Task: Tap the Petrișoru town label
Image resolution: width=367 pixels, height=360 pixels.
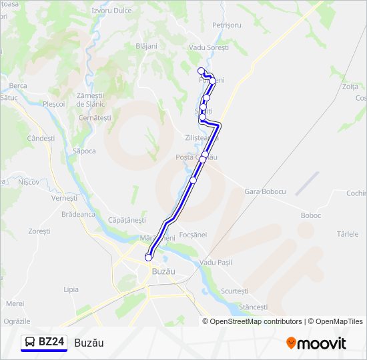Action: (x=226, y=25)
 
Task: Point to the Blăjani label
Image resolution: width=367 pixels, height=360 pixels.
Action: (x=146, y=46)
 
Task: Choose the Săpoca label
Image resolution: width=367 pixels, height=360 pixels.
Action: (x=85, y=151)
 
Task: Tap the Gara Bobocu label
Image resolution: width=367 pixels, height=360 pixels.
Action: (x=265, y=191)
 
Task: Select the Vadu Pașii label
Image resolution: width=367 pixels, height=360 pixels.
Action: (x=216, y=263)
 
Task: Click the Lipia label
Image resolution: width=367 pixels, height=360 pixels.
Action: (x=71, y=289)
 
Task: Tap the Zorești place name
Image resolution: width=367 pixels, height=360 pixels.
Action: (x=39, y=231)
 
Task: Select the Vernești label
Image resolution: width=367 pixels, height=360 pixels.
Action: (x=64, y=198)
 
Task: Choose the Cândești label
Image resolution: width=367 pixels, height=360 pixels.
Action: (x=41, y=138)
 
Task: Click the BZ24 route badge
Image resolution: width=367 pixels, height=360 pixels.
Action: (x=44, y=342)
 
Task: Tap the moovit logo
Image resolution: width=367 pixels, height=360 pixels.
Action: (x=316, y=343)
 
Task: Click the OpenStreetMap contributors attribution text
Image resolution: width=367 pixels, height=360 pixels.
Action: (x=256, y=321)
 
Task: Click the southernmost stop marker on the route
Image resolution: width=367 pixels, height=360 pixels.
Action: (x=148, y=257)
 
